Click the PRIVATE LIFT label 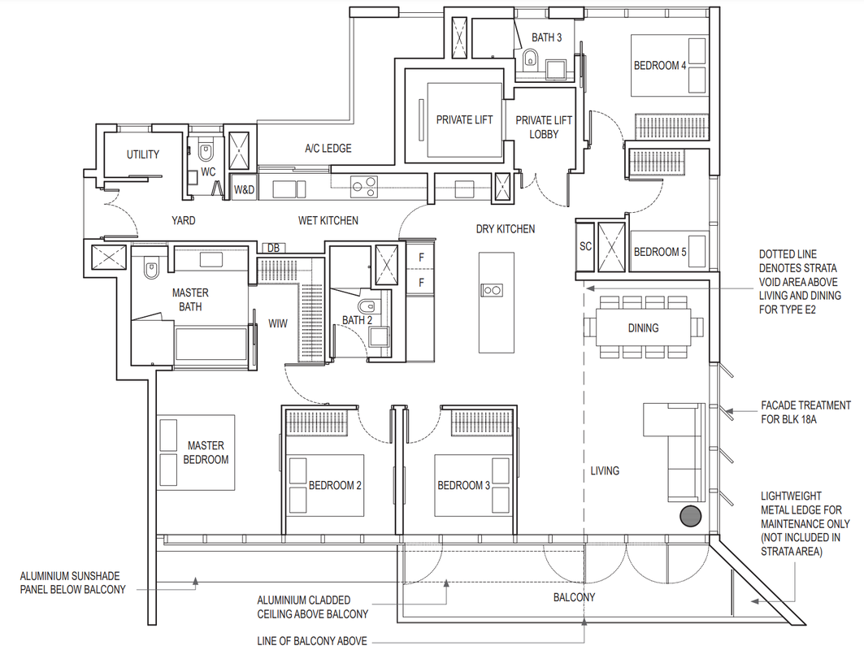pos(464,119)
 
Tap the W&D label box pos(244,189)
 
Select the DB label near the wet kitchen pos(273,248)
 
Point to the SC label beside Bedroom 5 pos(585,246)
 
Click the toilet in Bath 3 pos(530,58)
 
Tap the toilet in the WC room pos(205,151)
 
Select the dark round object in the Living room pos(690,516)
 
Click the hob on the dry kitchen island pos(492,290)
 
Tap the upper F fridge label pos(422,258)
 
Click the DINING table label pos(643,327)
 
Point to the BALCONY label pos(574,597)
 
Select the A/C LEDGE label pos(328,148)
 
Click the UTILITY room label pos(143,154)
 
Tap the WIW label pos(278,323)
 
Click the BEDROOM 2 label pos(335,485)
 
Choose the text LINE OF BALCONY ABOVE pos(312,641)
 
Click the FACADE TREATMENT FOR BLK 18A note pos(805,412)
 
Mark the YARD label pos(183,220)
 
